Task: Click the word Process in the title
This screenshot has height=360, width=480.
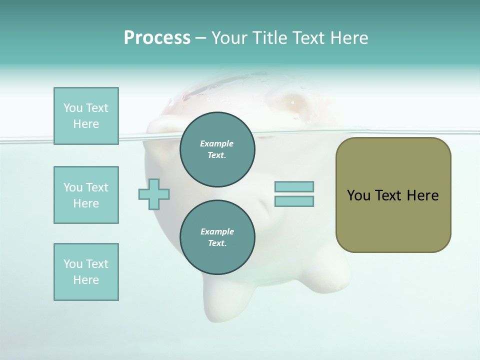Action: point(157,38)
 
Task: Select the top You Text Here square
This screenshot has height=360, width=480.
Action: point(86,116)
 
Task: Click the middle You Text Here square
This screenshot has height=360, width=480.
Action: point(86,195)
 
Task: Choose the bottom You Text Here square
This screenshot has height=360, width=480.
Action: point(86,272)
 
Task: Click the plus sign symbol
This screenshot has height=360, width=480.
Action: point(154,194)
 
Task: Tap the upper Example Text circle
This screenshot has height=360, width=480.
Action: point(217,149)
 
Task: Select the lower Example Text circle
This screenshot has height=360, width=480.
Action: point(217,237)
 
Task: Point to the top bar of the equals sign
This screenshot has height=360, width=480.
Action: point(294,186)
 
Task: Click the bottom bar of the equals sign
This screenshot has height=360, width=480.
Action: point(294,201)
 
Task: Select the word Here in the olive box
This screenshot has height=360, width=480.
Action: point(422,195)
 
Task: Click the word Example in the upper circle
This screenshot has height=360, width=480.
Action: point(217,143)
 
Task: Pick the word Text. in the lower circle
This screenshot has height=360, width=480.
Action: point(217,243)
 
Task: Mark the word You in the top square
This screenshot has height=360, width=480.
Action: point(72,108)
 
